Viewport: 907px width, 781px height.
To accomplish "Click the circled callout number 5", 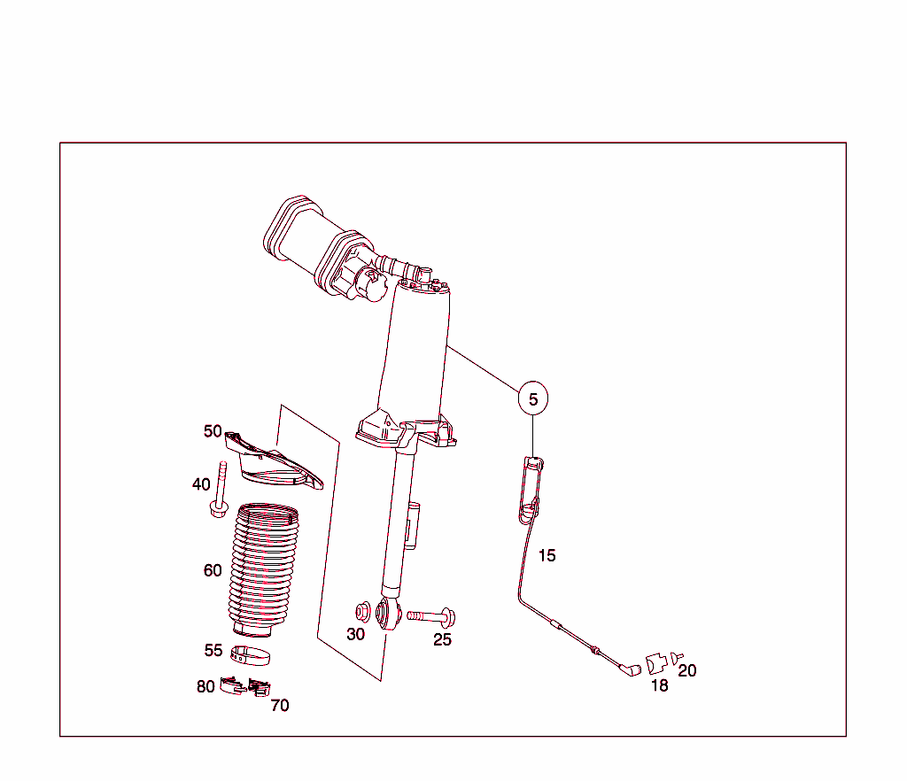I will tap(533, 399).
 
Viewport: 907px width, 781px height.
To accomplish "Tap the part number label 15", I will tap(547, 555).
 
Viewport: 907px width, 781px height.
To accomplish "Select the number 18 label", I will tap(660, 684).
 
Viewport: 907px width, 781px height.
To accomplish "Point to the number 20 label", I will tap(687, 670).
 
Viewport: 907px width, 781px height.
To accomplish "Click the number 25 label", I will tap(443, 639).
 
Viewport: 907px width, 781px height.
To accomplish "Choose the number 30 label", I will tap(356, 634).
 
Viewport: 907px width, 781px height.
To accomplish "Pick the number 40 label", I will tap(201, 484).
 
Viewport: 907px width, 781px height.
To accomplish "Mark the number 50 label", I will tap(213, 431).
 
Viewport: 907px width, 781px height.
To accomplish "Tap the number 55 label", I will tap(213, 650).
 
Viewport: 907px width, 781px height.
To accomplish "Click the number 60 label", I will tap(213, 570).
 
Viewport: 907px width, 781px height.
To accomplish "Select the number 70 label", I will tap(280, 705).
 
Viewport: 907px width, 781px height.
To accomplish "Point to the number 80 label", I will tap(205, 686).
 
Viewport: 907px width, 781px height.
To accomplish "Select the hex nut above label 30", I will tap(363, 610).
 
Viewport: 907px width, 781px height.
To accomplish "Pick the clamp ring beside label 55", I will tap(250, 655).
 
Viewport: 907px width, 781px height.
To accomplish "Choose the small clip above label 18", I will tap(656, 663).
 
